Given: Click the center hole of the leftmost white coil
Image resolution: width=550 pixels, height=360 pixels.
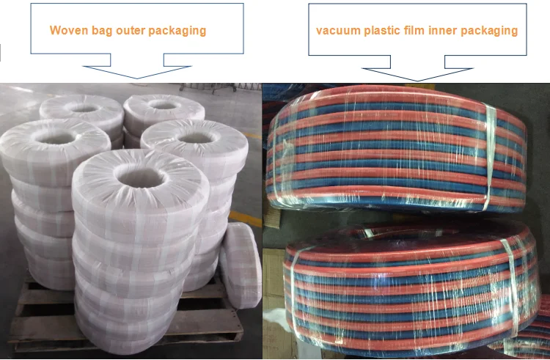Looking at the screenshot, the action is tap(56, 137).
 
